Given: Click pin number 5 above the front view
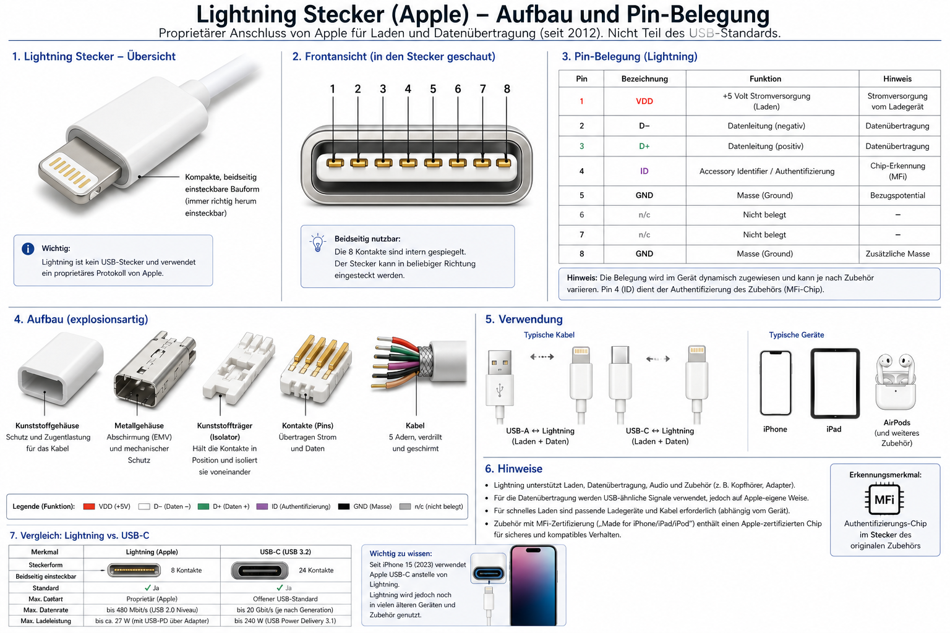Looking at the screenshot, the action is pos(432,89).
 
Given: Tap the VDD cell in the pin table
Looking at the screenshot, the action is pos(644,101).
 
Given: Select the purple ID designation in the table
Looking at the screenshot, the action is pos(644,171).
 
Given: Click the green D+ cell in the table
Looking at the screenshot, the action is pos(644,147).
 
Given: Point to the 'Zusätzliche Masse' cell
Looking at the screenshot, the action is pos(897,253).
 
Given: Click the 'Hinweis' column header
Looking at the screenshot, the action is pos(897,79).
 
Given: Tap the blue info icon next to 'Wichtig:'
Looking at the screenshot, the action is pos(28,249).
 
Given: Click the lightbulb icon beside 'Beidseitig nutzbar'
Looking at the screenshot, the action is pos(318,242).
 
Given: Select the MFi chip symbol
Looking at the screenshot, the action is pos(884,499).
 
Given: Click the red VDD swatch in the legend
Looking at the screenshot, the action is pos(89,506).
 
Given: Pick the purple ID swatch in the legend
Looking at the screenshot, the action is pos(262,506).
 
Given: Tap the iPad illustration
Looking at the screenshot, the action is pos(834,383).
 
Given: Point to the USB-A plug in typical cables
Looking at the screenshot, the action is pos(500,377).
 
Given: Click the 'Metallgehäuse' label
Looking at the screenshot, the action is pos(139,426).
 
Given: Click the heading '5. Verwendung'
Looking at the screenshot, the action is pos(524,319).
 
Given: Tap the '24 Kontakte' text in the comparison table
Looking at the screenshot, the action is pos(316,570).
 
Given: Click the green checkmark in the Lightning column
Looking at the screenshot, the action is pos(148,588).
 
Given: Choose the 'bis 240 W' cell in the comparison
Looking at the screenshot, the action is pos(285,621).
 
